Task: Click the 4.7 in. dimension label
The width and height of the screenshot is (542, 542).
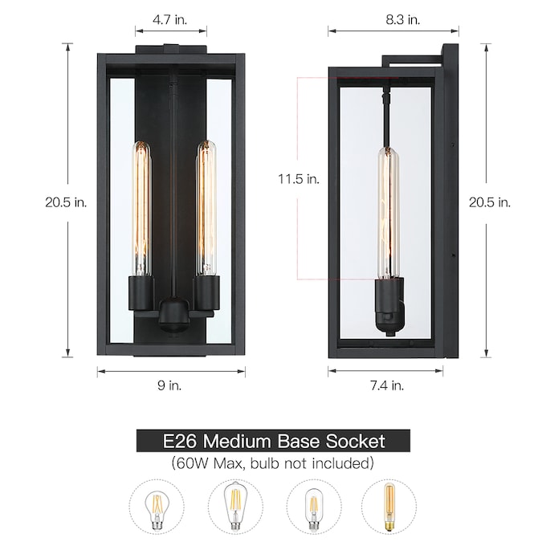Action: point(169,20)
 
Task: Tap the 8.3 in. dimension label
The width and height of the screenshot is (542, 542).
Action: point(403,20)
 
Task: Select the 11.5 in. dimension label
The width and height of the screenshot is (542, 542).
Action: point(299,179)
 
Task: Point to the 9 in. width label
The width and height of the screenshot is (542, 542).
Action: point(169,385)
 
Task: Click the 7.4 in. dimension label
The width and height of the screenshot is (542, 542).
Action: point(387,385)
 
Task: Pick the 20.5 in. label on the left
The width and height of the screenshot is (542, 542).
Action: point(66,202)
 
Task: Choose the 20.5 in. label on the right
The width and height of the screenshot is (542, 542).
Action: point(490,202)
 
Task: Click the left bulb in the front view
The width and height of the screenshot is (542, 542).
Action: point(142,209)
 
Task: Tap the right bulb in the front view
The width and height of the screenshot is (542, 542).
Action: point(206,209)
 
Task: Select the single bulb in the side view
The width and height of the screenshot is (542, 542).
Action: point(388,212)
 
